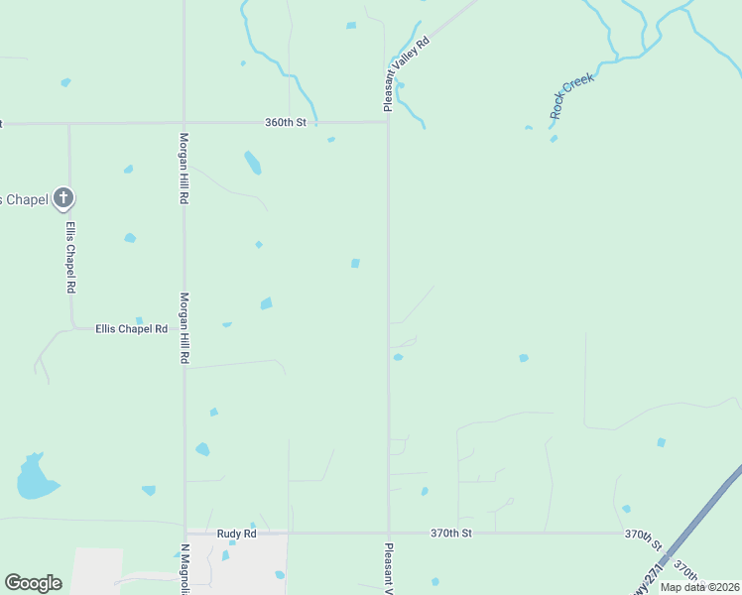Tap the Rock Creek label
pos(571,95)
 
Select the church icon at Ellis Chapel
pos(63,197)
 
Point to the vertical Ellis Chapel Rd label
pos(70,256)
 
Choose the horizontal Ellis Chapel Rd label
pos(131,328)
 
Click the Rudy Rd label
pos(237,534)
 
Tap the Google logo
pos(33,583)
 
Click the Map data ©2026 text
pos(698,587)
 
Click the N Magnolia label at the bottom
pos(185,568)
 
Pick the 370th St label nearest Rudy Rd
pos(451,534)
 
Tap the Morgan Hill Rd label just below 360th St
pos(184,169)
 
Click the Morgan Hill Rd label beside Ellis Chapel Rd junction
pos(184,327)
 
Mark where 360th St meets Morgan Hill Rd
pos(185,123)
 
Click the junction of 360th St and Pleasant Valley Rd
pos(387,123)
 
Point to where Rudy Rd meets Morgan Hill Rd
pos(185,534)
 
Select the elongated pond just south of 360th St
pos(253,163)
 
